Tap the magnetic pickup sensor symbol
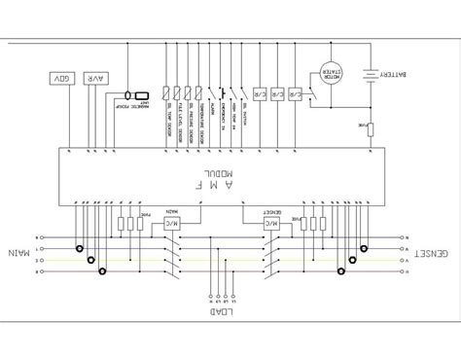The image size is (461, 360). [129, 95]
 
